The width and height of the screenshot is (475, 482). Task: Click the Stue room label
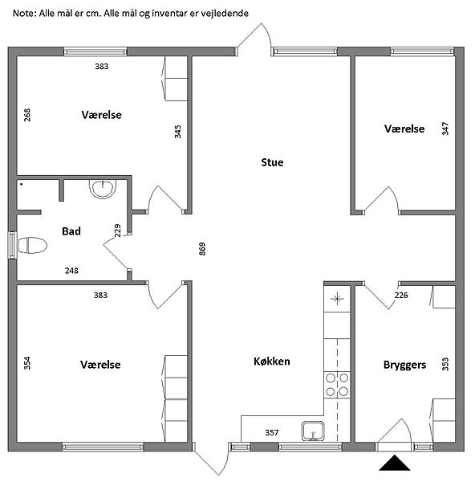(272, 162)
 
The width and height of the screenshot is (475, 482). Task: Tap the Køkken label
(272, 361)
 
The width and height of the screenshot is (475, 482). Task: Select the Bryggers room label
(404, 365)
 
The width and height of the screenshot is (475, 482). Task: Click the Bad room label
(71, 231)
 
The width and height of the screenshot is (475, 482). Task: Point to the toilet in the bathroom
(32, 245)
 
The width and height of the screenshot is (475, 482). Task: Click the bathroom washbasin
(103, 189)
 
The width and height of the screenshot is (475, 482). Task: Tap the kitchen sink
(313, 431)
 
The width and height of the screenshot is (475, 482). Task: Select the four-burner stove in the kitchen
(337, 385)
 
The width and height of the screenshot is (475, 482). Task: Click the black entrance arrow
(394, 463)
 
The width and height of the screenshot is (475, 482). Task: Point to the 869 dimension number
(202, 249)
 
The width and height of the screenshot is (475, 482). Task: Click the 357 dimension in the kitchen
(272, 432)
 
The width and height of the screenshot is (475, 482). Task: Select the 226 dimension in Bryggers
(401, 295)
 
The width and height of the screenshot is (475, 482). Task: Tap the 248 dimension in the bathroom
(71, 271)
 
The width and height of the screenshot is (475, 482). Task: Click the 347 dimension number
(445, 129)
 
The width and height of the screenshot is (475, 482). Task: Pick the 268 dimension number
(27, 115)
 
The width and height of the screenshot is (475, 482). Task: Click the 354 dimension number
(27, 363)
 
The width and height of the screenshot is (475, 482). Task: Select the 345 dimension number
(177, 132)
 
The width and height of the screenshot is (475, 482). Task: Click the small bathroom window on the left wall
(12, 245)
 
